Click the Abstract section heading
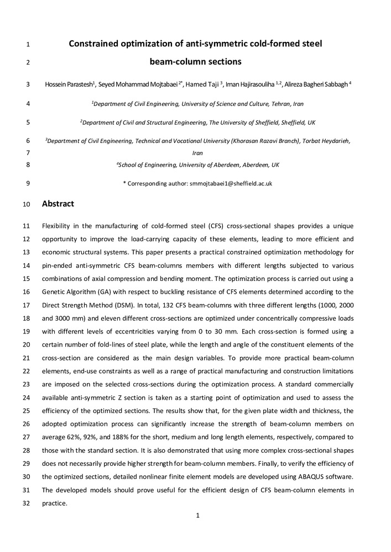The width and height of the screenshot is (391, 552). pos(58,204)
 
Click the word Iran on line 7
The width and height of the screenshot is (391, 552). pos(197,153)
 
